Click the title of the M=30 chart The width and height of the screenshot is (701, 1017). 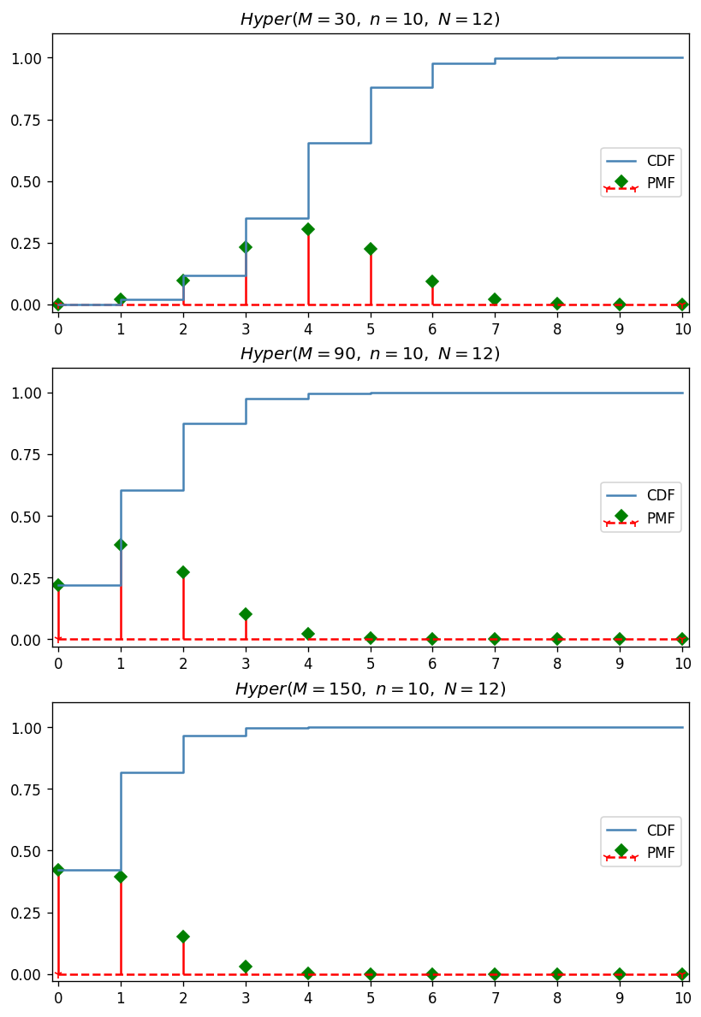tap(370, 19)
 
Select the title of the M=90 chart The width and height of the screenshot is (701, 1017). tap(370, 353)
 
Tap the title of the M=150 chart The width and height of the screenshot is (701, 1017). tap(370, 689)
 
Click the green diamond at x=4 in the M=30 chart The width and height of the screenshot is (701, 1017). tap(308, 229)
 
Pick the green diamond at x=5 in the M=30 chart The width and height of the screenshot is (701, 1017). tap(371, 249)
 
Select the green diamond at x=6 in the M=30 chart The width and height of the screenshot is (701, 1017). tap(432, 281)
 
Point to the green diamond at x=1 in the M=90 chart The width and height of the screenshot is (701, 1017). tap(121, 545)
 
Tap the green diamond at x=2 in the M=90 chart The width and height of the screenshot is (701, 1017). tap(183, 572)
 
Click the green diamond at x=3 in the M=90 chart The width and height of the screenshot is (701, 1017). tap(246, 614)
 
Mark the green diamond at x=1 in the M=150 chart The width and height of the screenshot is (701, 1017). tap(121, 877)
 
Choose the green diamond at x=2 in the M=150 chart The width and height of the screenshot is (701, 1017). tap(183, 937)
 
